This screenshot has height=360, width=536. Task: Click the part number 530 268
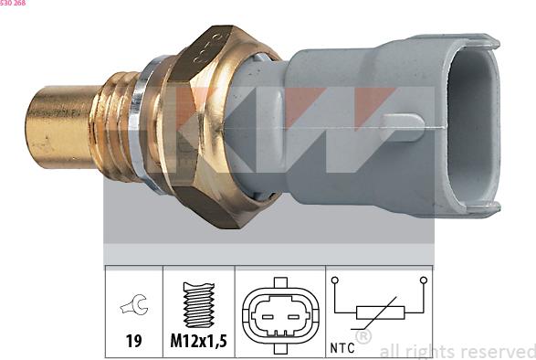point(14,4)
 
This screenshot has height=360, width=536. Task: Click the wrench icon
point(133,309)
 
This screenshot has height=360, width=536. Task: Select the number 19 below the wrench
point(133,344)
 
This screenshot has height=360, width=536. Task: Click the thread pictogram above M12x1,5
point(198,304)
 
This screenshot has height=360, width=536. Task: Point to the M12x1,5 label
point(199,344)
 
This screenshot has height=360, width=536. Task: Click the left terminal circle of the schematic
point(335,280)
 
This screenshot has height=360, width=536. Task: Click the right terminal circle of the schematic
point(423,280)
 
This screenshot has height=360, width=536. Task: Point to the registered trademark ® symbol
point(363,337)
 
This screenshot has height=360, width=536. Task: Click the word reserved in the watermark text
point(498,351)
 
